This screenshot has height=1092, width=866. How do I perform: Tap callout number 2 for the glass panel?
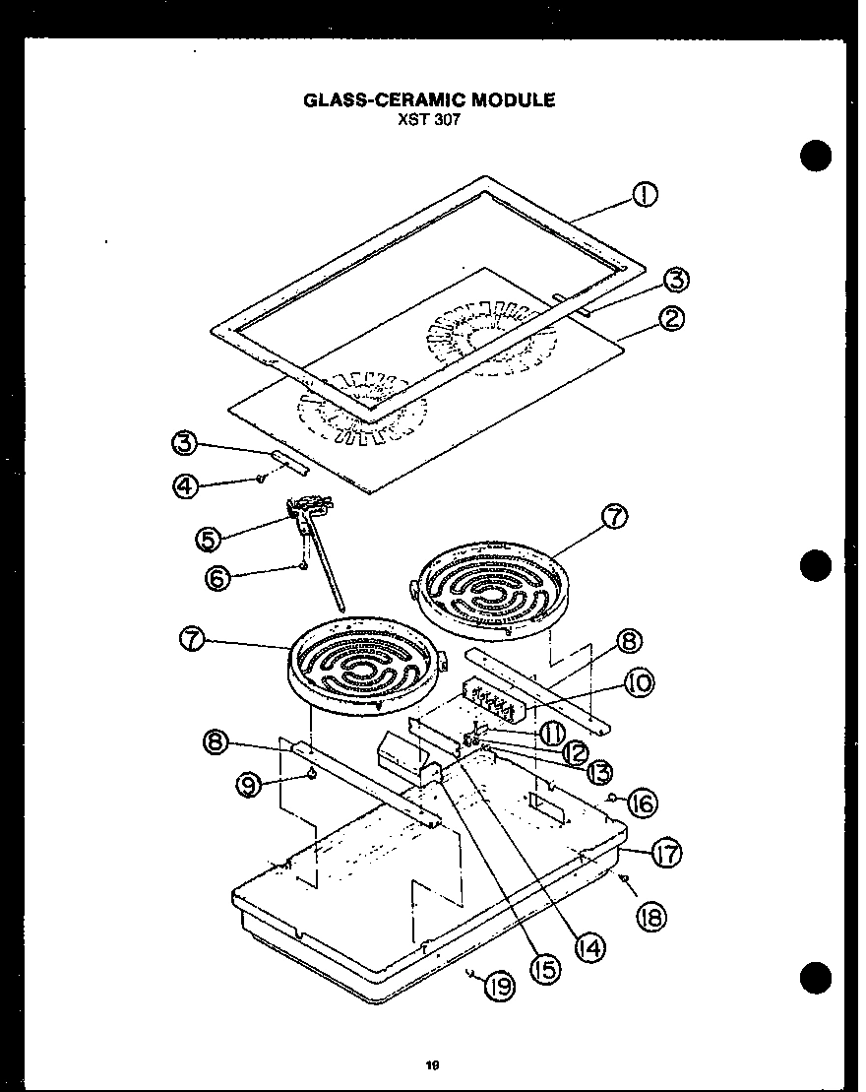click(x=673, y=319)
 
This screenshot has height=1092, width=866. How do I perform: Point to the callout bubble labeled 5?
click(x=206, y=539)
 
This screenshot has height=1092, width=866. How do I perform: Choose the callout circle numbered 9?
click(x=249, y=784)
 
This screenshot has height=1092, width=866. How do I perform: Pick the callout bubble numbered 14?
click(x=591, y=947)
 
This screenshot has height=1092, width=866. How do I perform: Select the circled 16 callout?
click(x=642, y=803)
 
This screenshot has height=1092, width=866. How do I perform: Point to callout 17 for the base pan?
click(x=668, y=854)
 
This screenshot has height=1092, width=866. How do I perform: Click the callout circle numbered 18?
click(x=651, y=917)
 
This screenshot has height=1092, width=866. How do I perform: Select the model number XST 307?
click(x=429, y=119)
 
